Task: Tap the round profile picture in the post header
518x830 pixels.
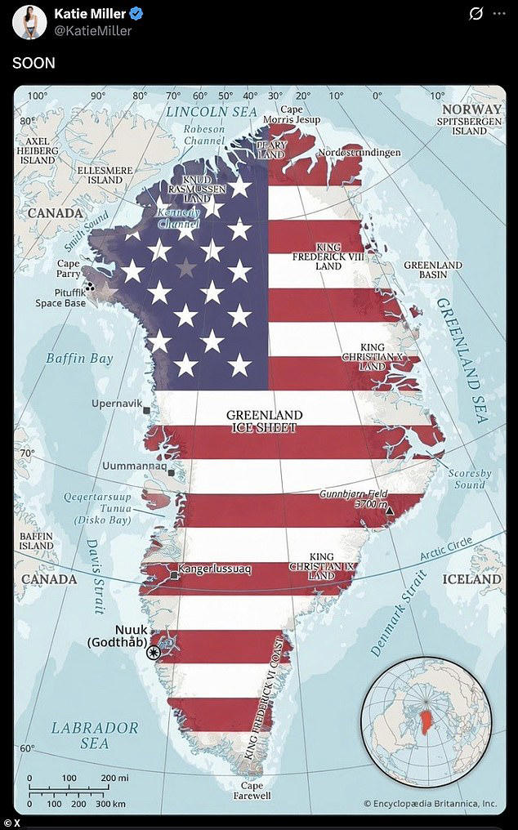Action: (x=29, y=22)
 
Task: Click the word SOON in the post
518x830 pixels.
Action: (x=33, y=63)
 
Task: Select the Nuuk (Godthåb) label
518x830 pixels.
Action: (x=118, y=635)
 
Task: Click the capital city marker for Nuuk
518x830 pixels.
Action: (x=153, y=651)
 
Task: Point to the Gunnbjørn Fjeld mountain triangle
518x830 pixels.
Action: (x=390, y=511)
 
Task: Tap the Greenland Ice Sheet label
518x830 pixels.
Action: (x=264, y=421)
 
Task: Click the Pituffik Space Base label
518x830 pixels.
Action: (x=60, y=297)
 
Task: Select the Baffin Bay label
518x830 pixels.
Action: (x=78, y=358)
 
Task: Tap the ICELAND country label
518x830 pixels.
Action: (x=471, y=578)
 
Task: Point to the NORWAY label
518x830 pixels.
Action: (x=471, y=109)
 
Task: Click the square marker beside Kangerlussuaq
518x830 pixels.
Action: (x=175, y=576)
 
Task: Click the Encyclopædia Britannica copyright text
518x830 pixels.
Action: (x=430, y=803)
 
